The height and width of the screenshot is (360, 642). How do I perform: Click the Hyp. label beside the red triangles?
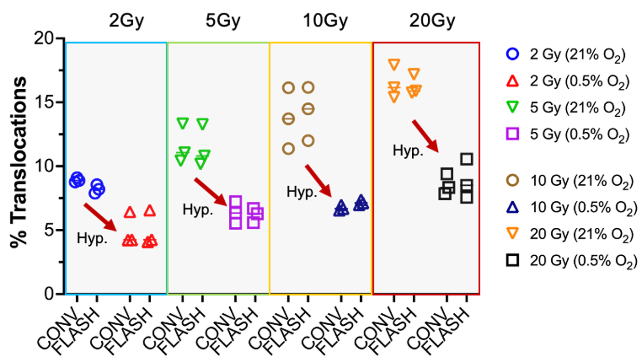click(x=92, y=238)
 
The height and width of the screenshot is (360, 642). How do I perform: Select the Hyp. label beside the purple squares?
click(x=197, y=209)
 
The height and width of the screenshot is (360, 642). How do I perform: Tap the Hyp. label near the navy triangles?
click(x=302, y=192)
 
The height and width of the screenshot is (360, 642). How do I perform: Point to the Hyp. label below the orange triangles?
click(x=408, y=150)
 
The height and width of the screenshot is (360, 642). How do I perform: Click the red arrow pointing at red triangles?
click(x=100, y=217)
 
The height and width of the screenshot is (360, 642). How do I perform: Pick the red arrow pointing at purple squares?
click(x=210, y=192)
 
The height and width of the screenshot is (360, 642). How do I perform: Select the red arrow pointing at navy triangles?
click(x=319, y=180)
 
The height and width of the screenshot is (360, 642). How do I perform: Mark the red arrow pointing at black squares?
click(x=425, y=136)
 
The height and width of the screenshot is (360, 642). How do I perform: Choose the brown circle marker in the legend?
click(x=512, y=180)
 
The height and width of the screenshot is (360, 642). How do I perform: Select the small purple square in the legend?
click(x=513, y=133)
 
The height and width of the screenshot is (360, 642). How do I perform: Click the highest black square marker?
click(x=466, y=159)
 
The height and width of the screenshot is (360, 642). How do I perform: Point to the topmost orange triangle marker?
click(x=394, y=64)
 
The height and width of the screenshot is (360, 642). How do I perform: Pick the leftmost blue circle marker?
click(x=76, y=180)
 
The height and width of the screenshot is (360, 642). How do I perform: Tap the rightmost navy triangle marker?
click(x=361, y=203)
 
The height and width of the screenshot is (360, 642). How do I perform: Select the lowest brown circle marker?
click(x=288, y=149)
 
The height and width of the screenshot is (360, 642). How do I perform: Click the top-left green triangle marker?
click(x=182, y=123)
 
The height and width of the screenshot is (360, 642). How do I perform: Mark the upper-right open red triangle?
click(x=150, y=210)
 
